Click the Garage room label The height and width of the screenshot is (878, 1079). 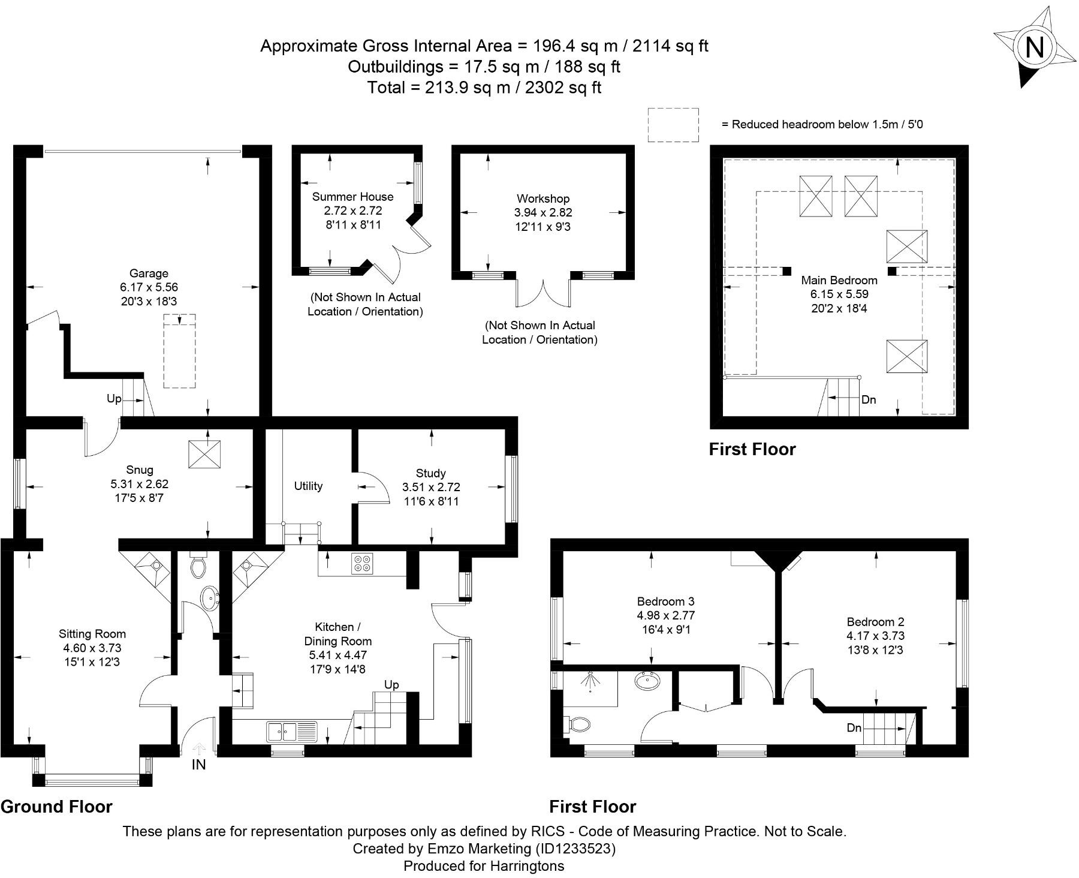click(149, 273)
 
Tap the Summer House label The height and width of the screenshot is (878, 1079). click(352, 197)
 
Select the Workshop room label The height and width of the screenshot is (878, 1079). click(543, 199)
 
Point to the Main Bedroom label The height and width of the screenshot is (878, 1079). click(839, 280)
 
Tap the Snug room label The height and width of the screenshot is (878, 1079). click(140, 470)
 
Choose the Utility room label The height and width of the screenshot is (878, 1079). click(308, 486)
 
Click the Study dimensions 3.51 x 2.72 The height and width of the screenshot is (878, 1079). click(431, 487)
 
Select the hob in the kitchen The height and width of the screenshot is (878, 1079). click(363, 563)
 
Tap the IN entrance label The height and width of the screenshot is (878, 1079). click(198, 765)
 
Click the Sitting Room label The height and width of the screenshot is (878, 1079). click(92, 633)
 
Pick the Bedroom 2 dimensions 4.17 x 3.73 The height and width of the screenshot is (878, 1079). click(876, 636)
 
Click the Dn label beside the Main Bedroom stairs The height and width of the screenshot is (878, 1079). click(869, 399)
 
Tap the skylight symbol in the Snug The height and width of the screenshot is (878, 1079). click(204, 455)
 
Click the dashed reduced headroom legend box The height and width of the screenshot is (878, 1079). click(673, 125)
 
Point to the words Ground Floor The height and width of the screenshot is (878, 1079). click(57, 807)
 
